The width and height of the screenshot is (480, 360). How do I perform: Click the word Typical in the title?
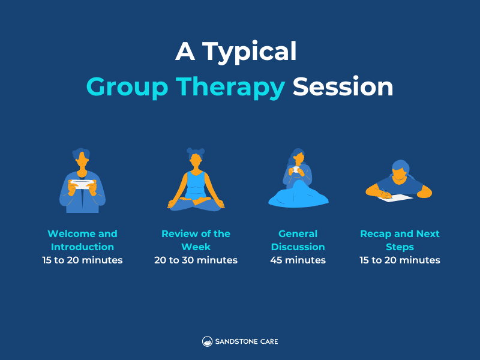coord(249,52)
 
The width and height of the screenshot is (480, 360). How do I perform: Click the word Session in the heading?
coord(343,87)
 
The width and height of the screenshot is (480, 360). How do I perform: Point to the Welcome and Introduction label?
coord(82,240)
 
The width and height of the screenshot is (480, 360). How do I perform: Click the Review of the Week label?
coord(196,240)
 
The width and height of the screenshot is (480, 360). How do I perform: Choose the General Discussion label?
coord(298,240)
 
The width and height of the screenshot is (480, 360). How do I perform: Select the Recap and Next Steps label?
coord(400,240)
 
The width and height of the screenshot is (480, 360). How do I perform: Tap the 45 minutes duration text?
coord(298,260)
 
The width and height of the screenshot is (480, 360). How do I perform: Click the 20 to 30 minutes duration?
coord(196,260)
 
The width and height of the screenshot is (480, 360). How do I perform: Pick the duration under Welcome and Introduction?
coord(82,260)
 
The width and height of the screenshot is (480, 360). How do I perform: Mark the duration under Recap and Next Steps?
coord(400,260)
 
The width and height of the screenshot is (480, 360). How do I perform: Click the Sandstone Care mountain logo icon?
coord(207,341)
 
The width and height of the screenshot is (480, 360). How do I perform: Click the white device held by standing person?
coord(82,184)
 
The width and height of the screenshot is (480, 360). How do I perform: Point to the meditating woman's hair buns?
coord(196,152)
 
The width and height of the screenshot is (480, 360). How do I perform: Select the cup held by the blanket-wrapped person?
coord(296,170)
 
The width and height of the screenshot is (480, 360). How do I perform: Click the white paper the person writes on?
coord(396,197)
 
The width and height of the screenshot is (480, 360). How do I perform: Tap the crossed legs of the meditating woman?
coord(196,203)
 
